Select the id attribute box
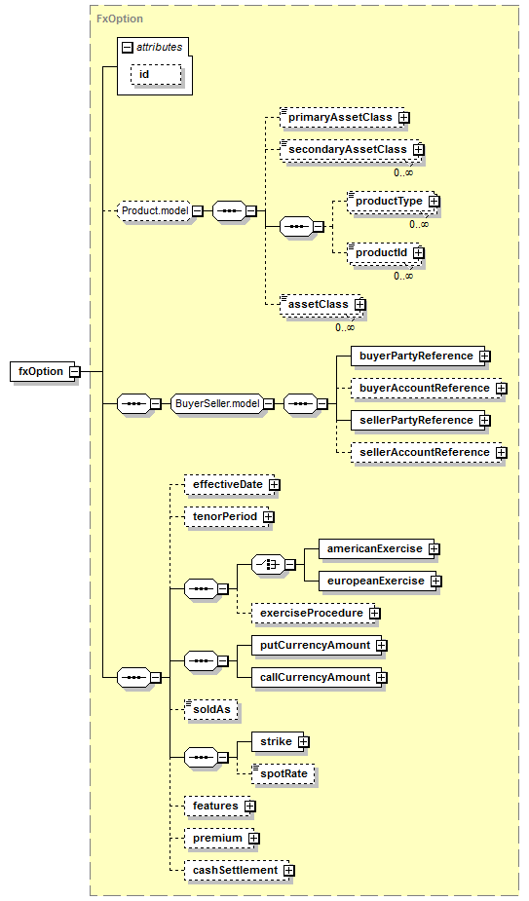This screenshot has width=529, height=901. [x=156, y=75]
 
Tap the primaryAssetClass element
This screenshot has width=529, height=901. [x=345, y=117]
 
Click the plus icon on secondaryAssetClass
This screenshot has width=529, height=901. [x=419, y=149]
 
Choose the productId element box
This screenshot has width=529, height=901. [x=384, y=253]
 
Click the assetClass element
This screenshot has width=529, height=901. [x=321, y=305]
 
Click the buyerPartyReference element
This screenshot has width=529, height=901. [x=420, y=357]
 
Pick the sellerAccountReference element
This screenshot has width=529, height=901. [x=429, y=453]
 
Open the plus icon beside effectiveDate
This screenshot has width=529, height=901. [x=275, y=485]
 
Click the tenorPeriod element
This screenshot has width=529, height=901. [x=227, y=517]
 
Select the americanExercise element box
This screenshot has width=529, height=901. [x=379, y=549]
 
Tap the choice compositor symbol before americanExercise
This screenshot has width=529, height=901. [x=269, y=565]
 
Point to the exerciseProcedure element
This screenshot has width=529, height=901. [x=316, y=614]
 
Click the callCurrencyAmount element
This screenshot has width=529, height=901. [x=320, y=678]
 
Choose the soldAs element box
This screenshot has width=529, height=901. [x=211, y=710]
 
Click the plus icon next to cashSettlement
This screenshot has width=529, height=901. [x=289, y=871]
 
